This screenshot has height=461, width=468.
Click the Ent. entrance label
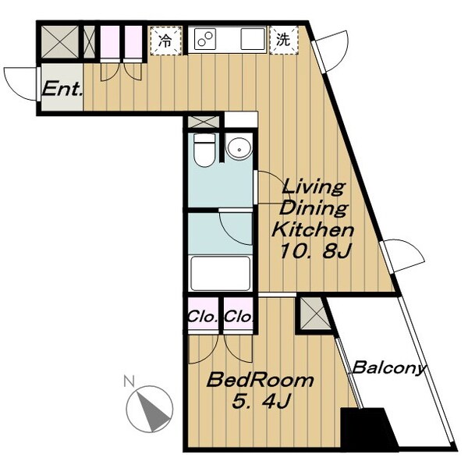pos(62,89)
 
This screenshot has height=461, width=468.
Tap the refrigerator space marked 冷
pos(165,41)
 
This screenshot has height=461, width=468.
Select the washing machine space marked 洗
pos(284,40)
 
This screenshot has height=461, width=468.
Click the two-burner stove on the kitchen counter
pos(205,39)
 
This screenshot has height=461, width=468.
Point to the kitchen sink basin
pos(253,39)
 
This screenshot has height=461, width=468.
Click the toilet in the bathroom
pos(204,150)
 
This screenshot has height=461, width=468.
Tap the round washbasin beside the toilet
pos(239,148)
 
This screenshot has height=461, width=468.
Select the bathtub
pos(220,273)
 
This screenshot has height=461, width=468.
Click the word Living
pos(314,187)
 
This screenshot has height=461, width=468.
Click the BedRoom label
pos(261,380)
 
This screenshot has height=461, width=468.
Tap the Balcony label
pos(389,367)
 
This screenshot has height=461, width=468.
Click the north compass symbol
pos(149,409)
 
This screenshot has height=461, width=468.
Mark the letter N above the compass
pos(129,381)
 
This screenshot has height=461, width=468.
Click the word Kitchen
pos(313,230)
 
